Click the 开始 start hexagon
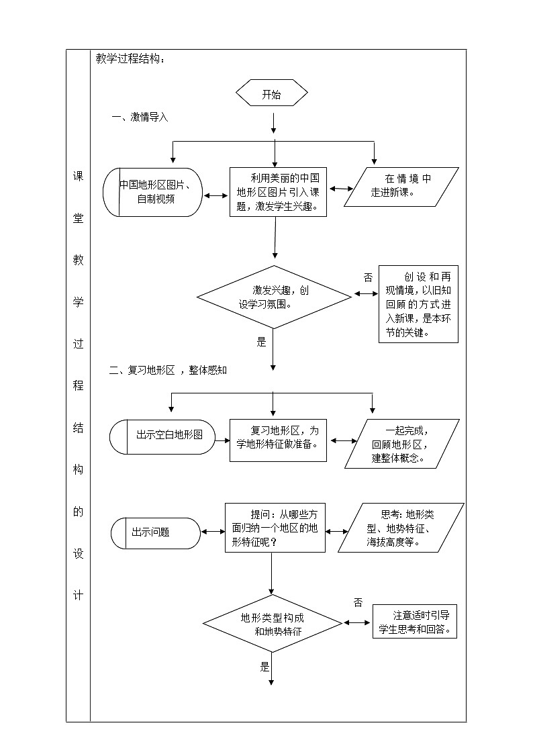point(272,95)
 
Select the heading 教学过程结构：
point(130,59)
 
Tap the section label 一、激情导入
point(140,117)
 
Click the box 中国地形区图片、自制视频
point(153,192)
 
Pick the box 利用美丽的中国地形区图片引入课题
point(278,192)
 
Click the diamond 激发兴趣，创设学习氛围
point(274,296)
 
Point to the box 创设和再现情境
point(418,304)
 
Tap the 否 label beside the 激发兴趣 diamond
point(368,277)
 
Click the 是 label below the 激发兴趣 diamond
point(262,342)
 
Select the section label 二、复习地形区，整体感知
point(168,370)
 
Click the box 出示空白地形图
point(162,436)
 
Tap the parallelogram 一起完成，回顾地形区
point(401,444)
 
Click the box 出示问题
point(155,532)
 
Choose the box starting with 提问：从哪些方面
point(275,528)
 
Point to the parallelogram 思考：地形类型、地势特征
point(401,528)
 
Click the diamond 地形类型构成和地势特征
point(273,624)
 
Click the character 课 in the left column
point(78,177)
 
